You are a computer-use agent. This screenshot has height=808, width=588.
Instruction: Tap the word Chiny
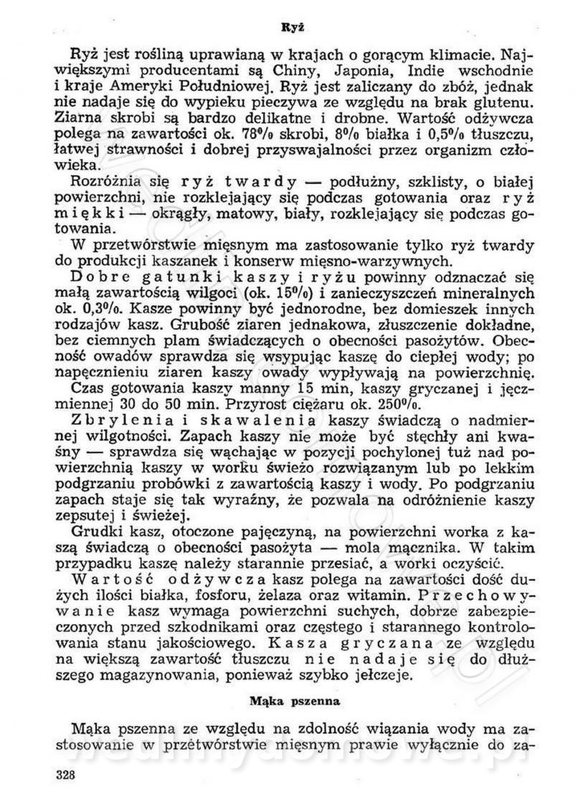[311, 71]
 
